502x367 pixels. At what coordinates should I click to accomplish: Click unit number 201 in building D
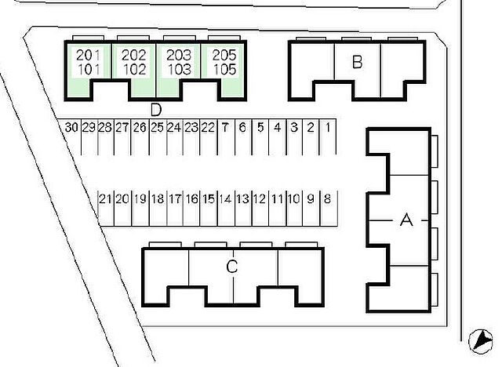click(89, 56)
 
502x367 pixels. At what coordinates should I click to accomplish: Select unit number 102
click(135, 70)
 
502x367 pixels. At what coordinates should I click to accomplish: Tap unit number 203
click(180, 56)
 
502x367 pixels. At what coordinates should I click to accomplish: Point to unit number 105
click(225, 70)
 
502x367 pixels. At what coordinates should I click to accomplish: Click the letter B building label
click(358, 62)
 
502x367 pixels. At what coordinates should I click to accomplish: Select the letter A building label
click(406, 220)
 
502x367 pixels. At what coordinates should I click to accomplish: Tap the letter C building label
click(232, 267)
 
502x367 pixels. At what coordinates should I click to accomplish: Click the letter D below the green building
click(156, 110)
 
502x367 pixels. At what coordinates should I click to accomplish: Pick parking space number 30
click(71, 128)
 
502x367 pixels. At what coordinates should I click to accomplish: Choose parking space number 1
click(328, 128)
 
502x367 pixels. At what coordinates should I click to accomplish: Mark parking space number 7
click(225, 128)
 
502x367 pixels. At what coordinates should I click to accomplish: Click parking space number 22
click(208, 128)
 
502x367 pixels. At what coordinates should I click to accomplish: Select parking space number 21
click(105, 199)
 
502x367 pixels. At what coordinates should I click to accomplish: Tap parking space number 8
click(327, 199)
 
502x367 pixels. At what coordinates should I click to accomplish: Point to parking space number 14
click(226, 199)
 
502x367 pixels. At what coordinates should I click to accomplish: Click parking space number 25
click(157, 128)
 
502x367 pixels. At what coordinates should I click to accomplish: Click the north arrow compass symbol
click(481, 341)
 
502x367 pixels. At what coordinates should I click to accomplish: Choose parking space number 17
click(175, 199)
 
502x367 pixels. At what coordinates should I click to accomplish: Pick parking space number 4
click(277, 128)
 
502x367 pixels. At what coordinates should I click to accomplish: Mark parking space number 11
click(277, 199)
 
